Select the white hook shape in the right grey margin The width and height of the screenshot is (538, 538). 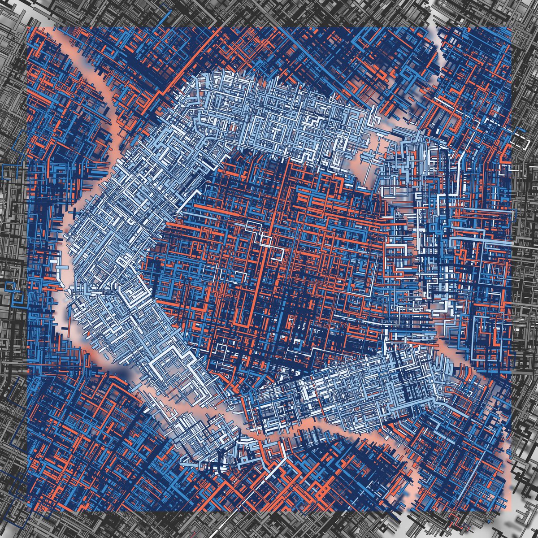point(522,141)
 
